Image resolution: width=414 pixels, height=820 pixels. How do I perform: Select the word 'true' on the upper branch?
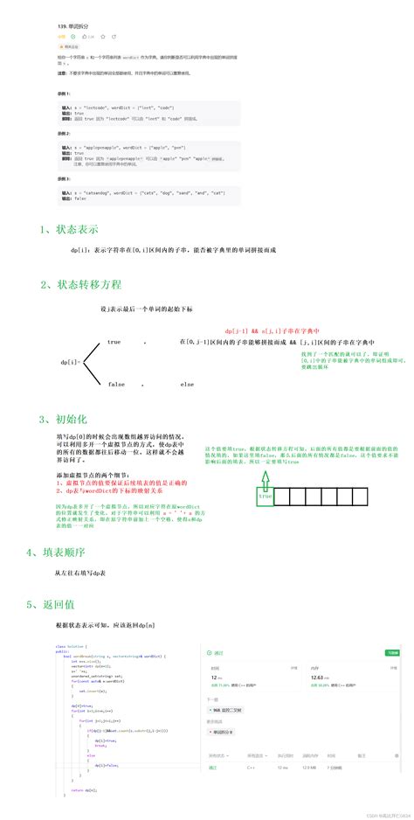pyautogui.click(x=114, y=342)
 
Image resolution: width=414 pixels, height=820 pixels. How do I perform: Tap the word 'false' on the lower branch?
pyautogui.click(x=115, y=384)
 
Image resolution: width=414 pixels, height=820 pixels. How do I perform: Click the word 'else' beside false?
pyautogui.click(x=187, y=384)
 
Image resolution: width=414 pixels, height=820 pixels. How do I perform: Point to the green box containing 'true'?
pyautogui.click(x=265, y=497)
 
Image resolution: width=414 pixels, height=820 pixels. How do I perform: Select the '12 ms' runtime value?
pyautogui.click(x=215, y=677)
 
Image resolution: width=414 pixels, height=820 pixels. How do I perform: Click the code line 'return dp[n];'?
pyautogui.click(x=85, y=789)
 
